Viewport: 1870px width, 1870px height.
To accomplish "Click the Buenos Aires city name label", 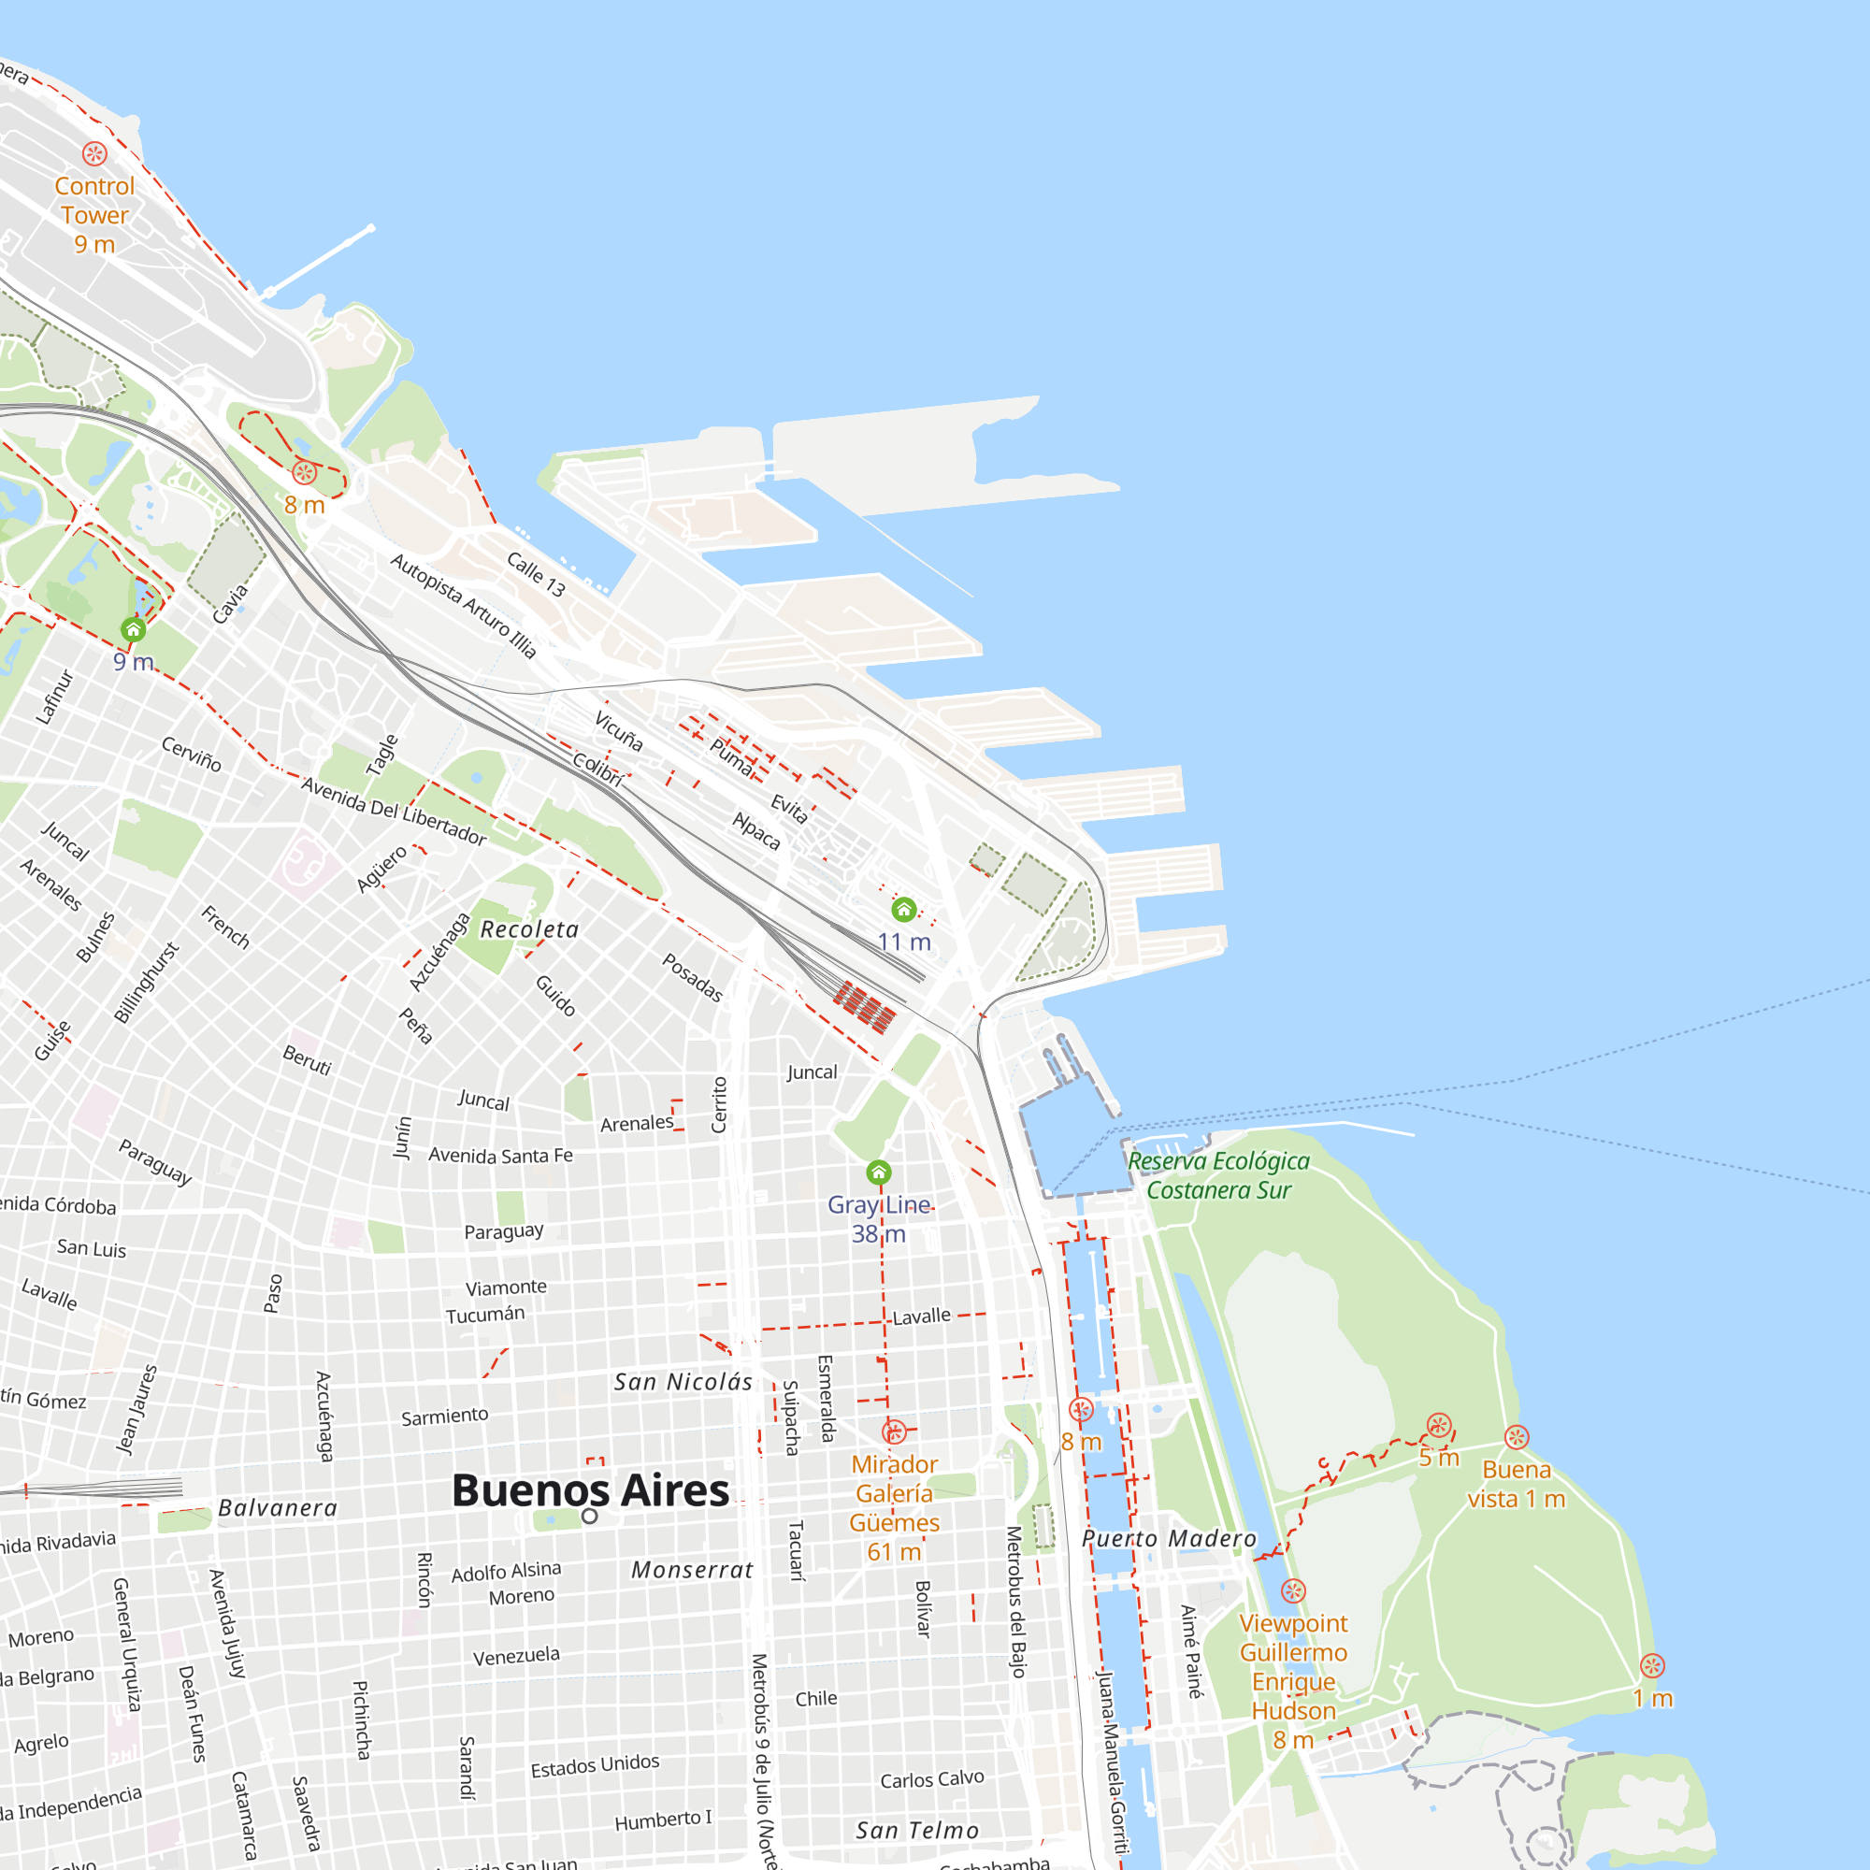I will pos(590,1490).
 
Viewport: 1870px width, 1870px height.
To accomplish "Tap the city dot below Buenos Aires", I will pos(589,1516).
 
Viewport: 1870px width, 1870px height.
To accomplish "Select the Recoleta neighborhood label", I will pos(529,929).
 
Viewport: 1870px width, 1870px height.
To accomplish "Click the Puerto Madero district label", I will pos(1168,1539).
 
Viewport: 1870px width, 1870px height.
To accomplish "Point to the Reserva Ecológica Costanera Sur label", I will pos(1218,1175).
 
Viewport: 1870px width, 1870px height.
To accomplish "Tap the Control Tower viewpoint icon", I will pos(94,153).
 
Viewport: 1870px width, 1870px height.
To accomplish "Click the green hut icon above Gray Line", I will pos(879,1173).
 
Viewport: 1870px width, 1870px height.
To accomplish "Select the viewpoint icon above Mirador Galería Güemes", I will pos(895,1431).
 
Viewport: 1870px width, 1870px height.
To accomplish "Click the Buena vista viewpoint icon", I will pos(1517,1437).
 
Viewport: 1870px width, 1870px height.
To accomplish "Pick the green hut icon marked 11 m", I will pos(904,910).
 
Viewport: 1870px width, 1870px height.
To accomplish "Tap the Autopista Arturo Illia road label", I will pos(464,606).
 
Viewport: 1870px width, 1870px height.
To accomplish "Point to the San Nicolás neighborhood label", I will pos(683,1382).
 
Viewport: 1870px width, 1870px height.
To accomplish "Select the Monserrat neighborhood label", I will pos(692,1570).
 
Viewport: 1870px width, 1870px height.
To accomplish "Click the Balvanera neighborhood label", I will pos(278,1508).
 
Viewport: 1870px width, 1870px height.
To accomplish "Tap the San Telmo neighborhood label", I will pos(917,1831).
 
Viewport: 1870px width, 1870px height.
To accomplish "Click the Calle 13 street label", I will pos(536,574).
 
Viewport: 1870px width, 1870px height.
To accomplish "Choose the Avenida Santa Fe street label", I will pos(500,1156).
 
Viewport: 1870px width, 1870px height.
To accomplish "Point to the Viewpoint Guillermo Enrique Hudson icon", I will pos(1293,1591).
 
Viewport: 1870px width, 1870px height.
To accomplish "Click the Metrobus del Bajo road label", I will pos(1015,1602).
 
